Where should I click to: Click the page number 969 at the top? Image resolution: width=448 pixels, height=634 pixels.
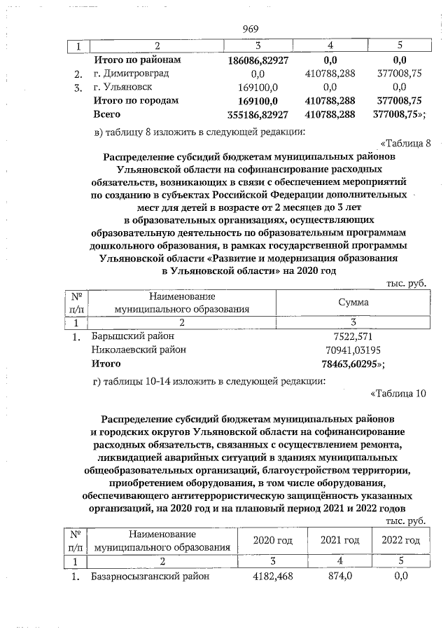click(251, 29)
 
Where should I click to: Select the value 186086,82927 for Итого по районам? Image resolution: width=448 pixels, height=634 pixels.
click(258, 60)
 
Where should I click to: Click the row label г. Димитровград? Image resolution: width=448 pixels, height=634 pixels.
click(132, 74)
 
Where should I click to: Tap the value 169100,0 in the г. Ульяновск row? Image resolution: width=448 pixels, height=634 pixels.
click(258, 87)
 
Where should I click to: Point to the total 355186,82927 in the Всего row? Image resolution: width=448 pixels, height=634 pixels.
click(258, 114)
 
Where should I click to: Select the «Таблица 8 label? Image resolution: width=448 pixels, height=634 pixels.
click(402, 144)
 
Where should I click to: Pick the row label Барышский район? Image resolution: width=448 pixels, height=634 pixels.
click(134, 336)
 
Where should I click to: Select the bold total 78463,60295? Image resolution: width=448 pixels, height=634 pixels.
click(351, 364)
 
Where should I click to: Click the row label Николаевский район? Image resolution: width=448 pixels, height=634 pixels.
click(136, 350)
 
